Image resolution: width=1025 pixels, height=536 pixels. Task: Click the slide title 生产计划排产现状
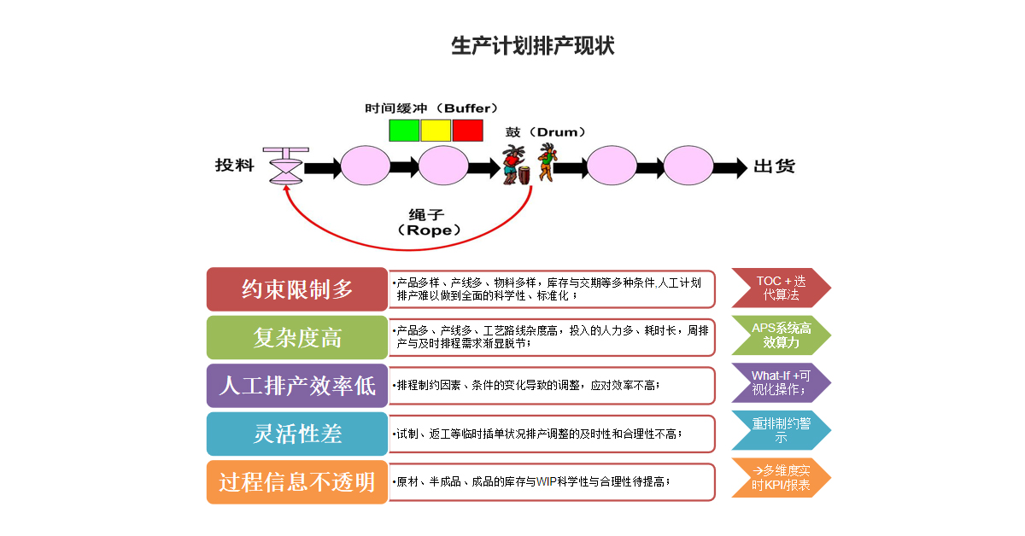click(532, 46)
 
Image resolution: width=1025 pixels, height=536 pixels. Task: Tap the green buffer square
click(404, 131)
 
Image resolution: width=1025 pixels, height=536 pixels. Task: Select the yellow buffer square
click(436, 131)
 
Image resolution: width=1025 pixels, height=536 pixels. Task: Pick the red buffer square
click(467, 131)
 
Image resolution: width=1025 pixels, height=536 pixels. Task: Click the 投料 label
click(234, 166)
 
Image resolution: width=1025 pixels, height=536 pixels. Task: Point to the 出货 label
click(774, 166)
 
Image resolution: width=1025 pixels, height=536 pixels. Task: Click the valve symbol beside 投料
click(284, 166)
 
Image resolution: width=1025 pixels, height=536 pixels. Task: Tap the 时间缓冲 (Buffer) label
click(431, 108)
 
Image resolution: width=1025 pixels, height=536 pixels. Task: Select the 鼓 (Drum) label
click(546, 132)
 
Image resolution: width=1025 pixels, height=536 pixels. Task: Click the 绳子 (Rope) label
click(429, 222)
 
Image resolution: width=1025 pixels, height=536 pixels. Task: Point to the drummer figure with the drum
click(514, 165)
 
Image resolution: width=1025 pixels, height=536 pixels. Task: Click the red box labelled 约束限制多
click(297, 289)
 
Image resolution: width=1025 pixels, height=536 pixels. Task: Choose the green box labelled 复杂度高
click(297, 337)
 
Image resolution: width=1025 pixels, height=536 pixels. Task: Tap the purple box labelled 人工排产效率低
click(297, 386)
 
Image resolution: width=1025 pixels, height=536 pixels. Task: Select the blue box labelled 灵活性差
click(297, 434)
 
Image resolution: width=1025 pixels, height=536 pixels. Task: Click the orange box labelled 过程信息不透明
click(297, 482)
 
